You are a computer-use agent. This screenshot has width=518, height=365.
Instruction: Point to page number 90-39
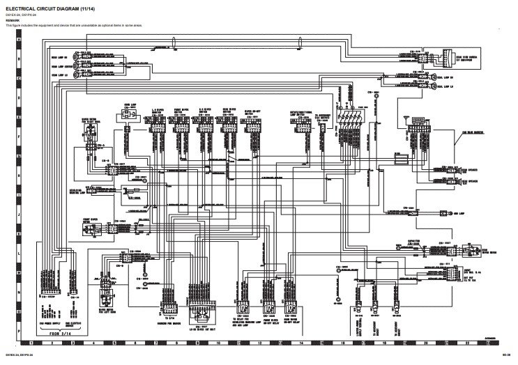(506, 355)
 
